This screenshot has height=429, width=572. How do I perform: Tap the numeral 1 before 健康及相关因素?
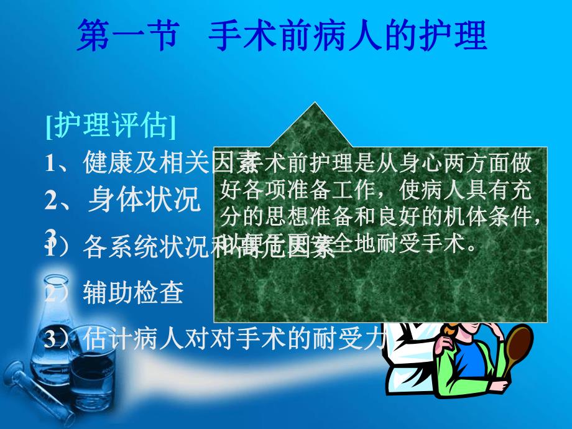coord(50,163)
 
